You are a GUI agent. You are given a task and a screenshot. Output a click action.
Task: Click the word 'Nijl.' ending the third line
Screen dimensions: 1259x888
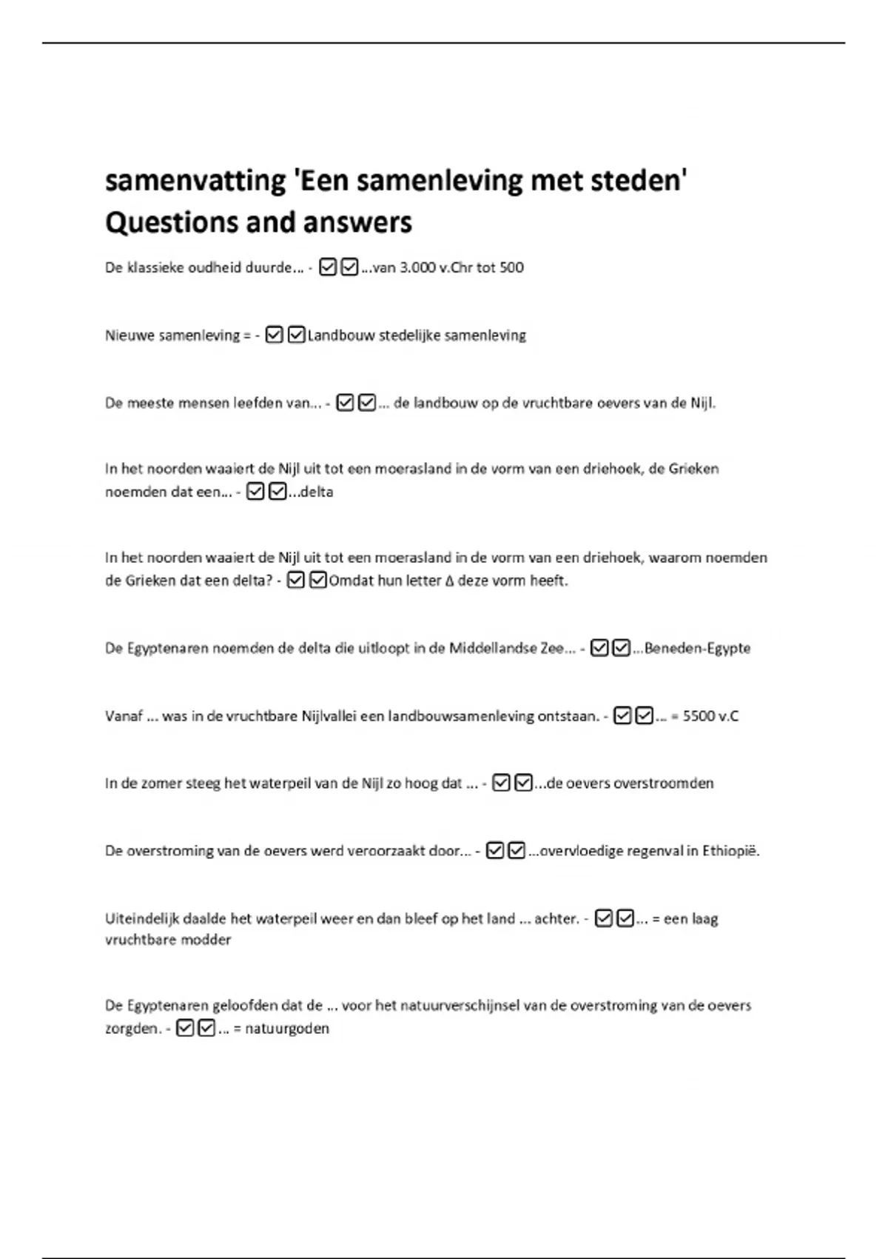tap(703, 404)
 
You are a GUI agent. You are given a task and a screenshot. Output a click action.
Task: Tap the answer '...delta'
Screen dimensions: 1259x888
tap(311, 492)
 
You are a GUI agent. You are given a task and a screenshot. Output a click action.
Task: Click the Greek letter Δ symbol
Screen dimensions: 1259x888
tap(449, 581)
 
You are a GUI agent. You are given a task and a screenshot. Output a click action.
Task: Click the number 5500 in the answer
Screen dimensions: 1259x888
tap(699, 716)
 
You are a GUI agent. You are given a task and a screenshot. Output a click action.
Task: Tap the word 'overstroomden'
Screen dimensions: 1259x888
tap(667, 784)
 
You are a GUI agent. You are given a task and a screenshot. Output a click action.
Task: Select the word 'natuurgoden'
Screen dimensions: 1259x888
tap(287, 1029)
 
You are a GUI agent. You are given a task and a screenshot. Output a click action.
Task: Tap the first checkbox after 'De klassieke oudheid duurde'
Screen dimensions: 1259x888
tap(328, 267)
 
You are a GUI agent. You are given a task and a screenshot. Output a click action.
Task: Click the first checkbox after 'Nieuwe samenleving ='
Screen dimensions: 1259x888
tap(274, 335)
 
